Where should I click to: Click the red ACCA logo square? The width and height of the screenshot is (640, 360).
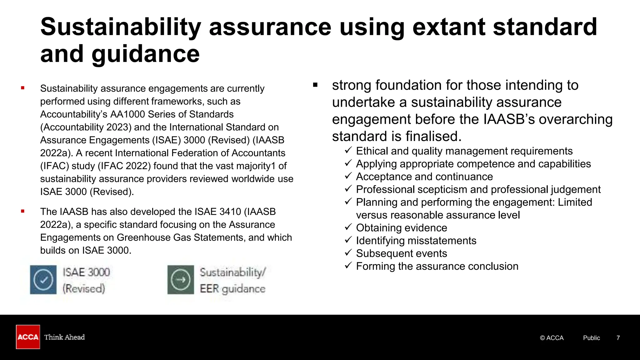[x=28, y=337]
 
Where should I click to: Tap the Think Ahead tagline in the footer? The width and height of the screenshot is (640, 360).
[x=64, y=337]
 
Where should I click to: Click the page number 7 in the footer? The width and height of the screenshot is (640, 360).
[x=618, y=338]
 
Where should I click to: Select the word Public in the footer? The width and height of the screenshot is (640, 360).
[x=591, y=338]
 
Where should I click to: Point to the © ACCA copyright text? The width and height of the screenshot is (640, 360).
[x=552, y=338]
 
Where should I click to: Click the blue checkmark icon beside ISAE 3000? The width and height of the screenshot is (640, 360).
[x=43, y=280]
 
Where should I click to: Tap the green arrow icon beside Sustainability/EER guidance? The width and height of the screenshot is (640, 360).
[x=181, y=280]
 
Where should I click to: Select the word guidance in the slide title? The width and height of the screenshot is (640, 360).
[x=145, y=54]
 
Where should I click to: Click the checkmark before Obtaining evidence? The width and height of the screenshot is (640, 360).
[x=348, y=227]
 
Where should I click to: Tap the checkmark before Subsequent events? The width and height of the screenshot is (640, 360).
[x=348, y=252]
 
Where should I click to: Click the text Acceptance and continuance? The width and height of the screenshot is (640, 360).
[x=424, y=177]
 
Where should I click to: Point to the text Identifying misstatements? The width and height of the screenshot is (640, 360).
[x=416, y=241]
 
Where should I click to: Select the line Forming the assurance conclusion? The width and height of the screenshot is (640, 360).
[x=437, y=267]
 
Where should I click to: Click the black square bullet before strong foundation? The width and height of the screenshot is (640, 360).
[x=315, y=85]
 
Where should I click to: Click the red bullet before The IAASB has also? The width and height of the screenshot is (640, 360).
[x=22, y=212]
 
